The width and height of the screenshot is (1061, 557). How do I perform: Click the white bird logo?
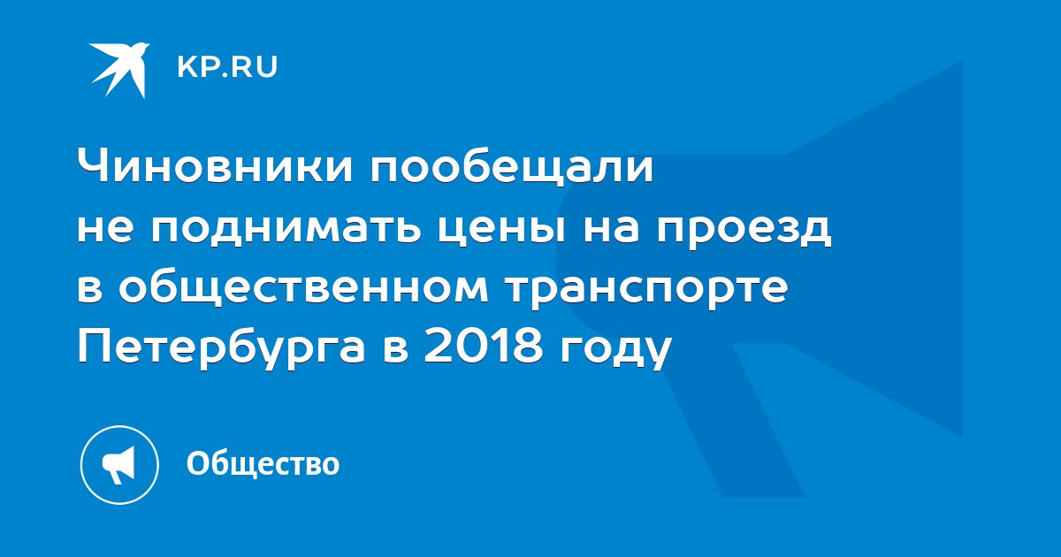tap(119, 69)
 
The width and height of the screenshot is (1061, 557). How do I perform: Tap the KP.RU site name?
tap(227, 67)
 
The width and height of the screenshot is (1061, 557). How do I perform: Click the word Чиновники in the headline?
tap(215, 167)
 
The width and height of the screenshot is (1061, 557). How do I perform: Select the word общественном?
tap(303, 289)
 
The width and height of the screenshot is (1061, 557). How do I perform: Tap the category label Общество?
tap(263, 463)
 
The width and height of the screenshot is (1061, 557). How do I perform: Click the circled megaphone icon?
tap(119, 465)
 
